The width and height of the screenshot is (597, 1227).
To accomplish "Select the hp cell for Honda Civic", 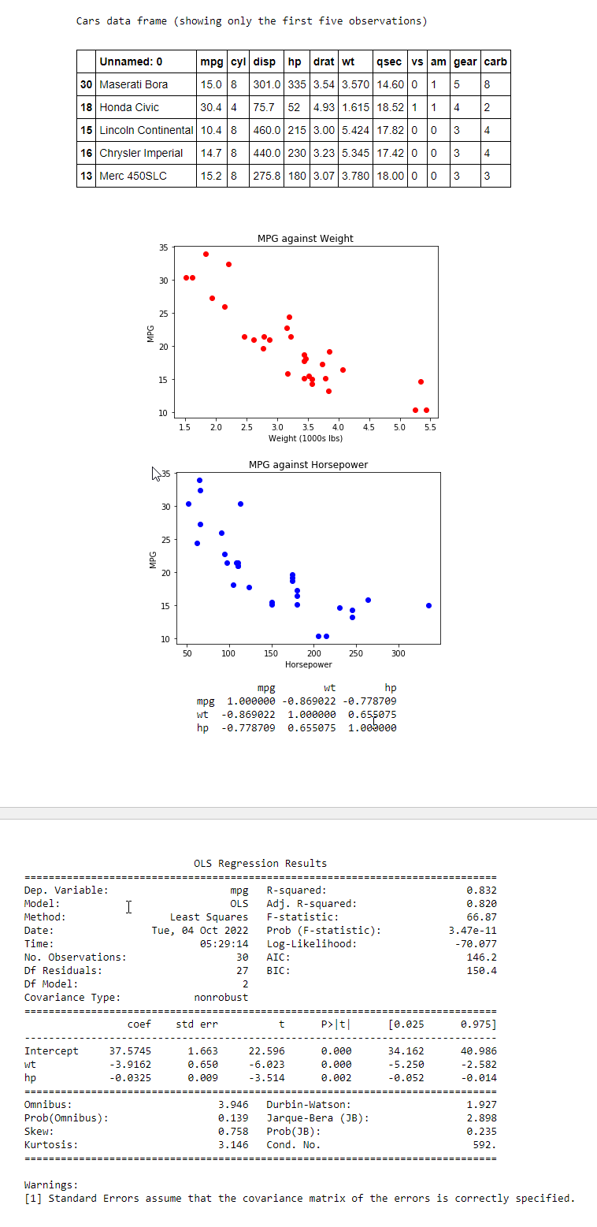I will point(294,107).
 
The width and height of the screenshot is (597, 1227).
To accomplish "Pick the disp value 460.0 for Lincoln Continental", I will point(268,130).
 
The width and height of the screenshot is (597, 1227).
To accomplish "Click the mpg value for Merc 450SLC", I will point(210,176).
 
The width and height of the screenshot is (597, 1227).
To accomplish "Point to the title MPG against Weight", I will point(305,238).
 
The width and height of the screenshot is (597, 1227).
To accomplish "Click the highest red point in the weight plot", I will point(206,254).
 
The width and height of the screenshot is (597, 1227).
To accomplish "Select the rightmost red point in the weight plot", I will point(426,410).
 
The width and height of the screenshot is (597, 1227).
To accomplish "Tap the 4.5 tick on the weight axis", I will point(368,426).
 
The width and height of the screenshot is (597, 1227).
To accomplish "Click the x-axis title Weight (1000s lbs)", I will point(305,437).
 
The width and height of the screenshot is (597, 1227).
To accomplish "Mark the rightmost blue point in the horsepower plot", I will point(428,605).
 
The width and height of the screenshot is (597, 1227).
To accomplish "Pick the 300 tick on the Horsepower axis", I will point(398,653).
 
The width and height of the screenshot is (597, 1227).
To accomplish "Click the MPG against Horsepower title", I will point(308,464).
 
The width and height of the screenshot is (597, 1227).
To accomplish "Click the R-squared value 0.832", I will point(482,891).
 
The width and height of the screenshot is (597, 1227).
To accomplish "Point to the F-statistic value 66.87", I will point(482,917).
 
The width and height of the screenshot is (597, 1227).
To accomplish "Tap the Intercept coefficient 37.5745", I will point(130,1051).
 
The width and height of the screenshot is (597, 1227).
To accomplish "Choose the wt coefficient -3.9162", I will point(130,1065).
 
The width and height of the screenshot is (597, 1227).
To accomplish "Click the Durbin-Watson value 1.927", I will point(482,1105).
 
